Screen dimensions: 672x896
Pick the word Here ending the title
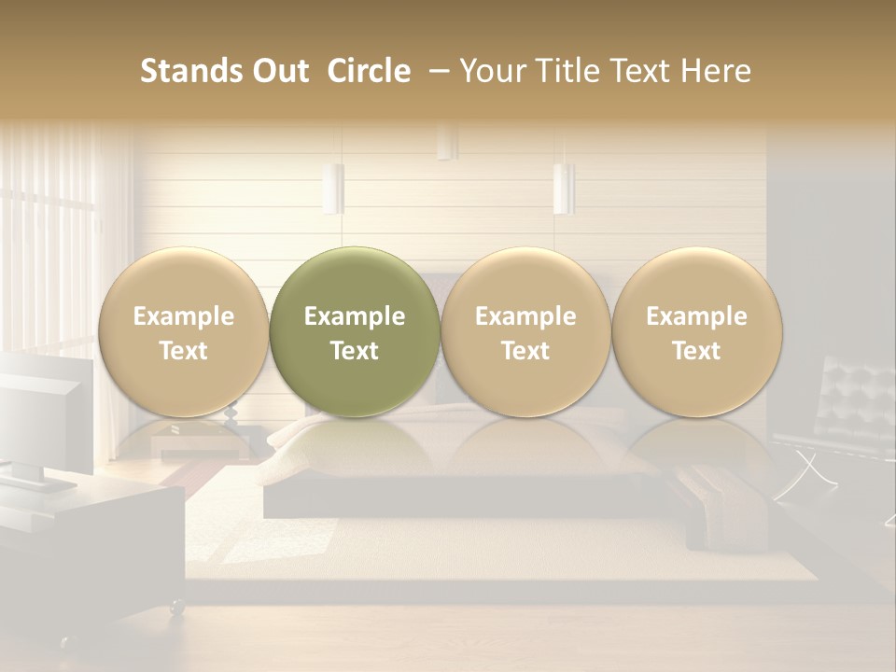(717, 71)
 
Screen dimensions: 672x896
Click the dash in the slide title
(436, 71)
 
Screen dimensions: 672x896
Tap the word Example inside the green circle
(354, 316)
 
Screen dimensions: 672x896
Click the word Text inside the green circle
(354, 351)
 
